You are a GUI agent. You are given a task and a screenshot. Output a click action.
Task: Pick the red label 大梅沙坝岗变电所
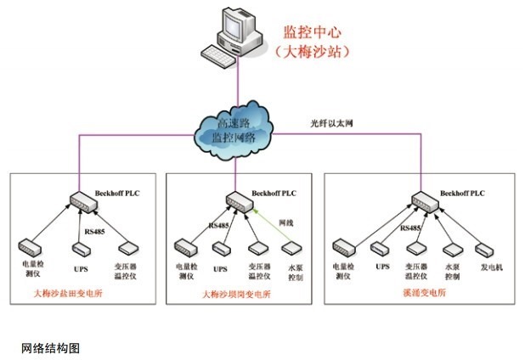coord(237,294)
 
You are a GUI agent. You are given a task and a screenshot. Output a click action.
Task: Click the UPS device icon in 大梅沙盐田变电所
coord(80,249)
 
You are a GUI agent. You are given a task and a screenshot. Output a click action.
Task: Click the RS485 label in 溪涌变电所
coord(410,228)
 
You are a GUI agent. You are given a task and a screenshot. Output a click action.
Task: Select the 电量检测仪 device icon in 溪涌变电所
coord(344,247)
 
